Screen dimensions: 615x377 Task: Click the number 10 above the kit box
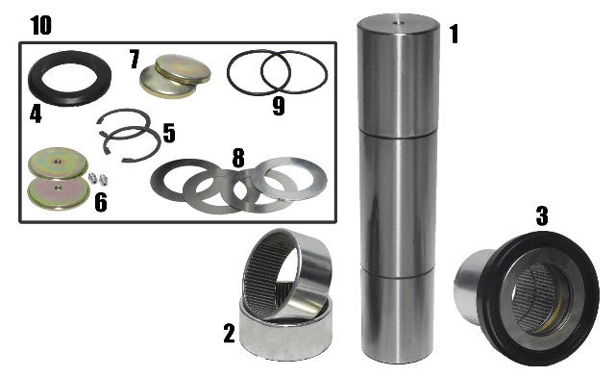point(40,26)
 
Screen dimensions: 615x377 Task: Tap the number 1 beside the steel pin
point(454,34)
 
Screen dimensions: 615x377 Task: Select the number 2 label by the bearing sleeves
point(229,333)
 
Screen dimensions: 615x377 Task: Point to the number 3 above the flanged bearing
point(542,216)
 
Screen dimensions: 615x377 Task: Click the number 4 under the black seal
point(36,114)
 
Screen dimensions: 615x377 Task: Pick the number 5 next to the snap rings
point(169,133)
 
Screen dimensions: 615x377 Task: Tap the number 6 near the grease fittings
point(101,203)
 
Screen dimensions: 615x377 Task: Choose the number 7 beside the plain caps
point(135,59)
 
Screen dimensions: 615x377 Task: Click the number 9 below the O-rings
point(279,107)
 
